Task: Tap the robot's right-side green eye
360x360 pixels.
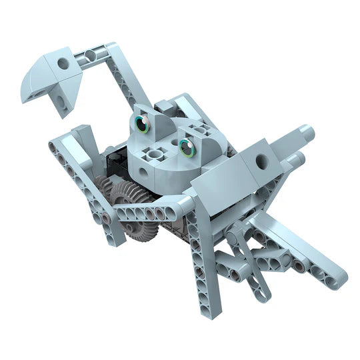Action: pos(187,148)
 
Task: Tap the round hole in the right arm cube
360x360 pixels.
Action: pos(260,161)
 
